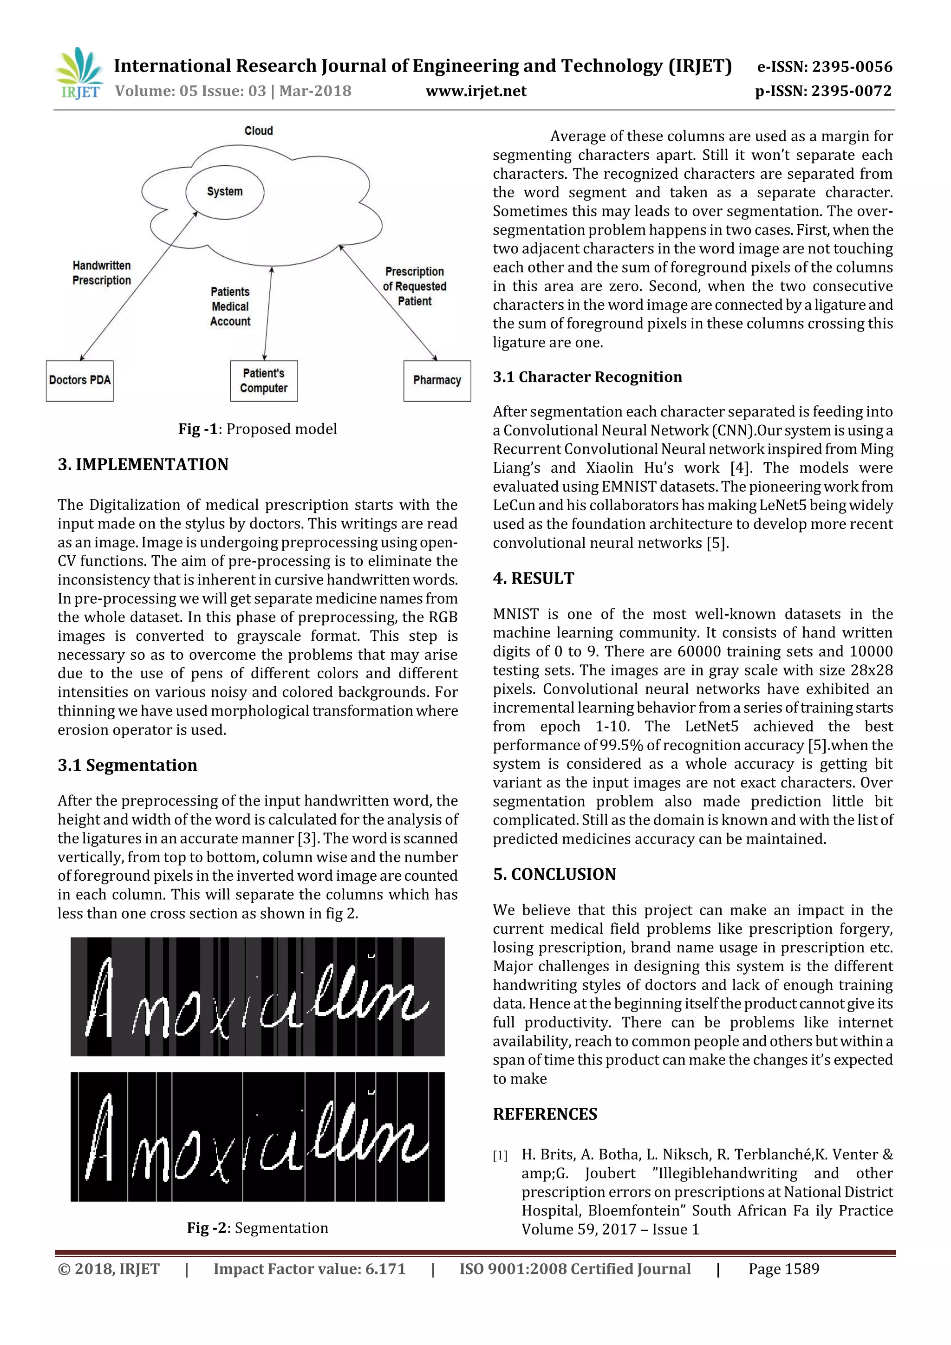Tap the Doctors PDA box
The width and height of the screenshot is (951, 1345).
(x=80, y=380)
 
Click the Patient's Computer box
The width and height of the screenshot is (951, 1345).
(x=264, y=381)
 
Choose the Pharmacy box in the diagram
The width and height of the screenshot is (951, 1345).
(x=437, y=380)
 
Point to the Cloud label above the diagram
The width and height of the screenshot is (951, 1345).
(x=258, y=130)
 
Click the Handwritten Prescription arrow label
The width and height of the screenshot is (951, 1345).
(x=102, y=273)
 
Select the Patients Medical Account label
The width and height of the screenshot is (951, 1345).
(x=230, y=306)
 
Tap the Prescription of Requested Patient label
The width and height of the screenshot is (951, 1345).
(x=414, y=286)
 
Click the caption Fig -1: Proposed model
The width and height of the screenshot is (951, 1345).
(x=258, y=429)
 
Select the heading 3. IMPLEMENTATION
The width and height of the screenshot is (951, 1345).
(x=143, y=465)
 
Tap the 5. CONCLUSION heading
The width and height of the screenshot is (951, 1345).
(x=554, y=874)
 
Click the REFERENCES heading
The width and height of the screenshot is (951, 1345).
(x=545, y=1114)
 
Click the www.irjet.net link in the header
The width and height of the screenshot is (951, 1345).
(x=476, y=91)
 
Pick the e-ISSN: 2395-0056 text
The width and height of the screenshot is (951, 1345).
(x=824, y=67)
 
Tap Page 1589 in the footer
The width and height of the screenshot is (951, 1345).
(x=783, y=1269)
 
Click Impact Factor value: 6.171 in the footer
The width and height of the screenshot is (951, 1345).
(x=309, y=1269)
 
